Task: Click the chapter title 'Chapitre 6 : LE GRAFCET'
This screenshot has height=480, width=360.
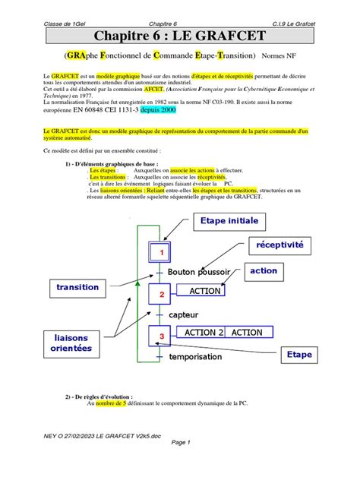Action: click(179, 36)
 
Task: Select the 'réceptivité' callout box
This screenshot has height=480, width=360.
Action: click(279, 245)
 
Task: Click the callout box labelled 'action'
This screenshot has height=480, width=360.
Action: click(264, 271)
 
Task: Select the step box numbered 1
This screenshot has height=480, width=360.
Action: click(160, 251)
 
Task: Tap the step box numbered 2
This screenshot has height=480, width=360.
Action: click(160, 293)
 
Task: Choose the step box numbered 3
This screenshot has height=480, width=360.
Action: click(160, 335)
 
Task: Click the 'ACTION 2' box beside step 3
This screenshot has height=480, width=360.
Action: click(201, 333)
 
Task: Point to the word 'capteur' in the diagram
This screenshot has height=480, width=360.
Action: click(185, 314)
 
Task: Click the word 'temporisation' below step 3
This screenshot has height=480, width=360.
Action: click(196, 356)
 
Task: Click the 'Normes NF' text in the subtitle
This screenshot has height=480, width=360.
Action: click(280, 55)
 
